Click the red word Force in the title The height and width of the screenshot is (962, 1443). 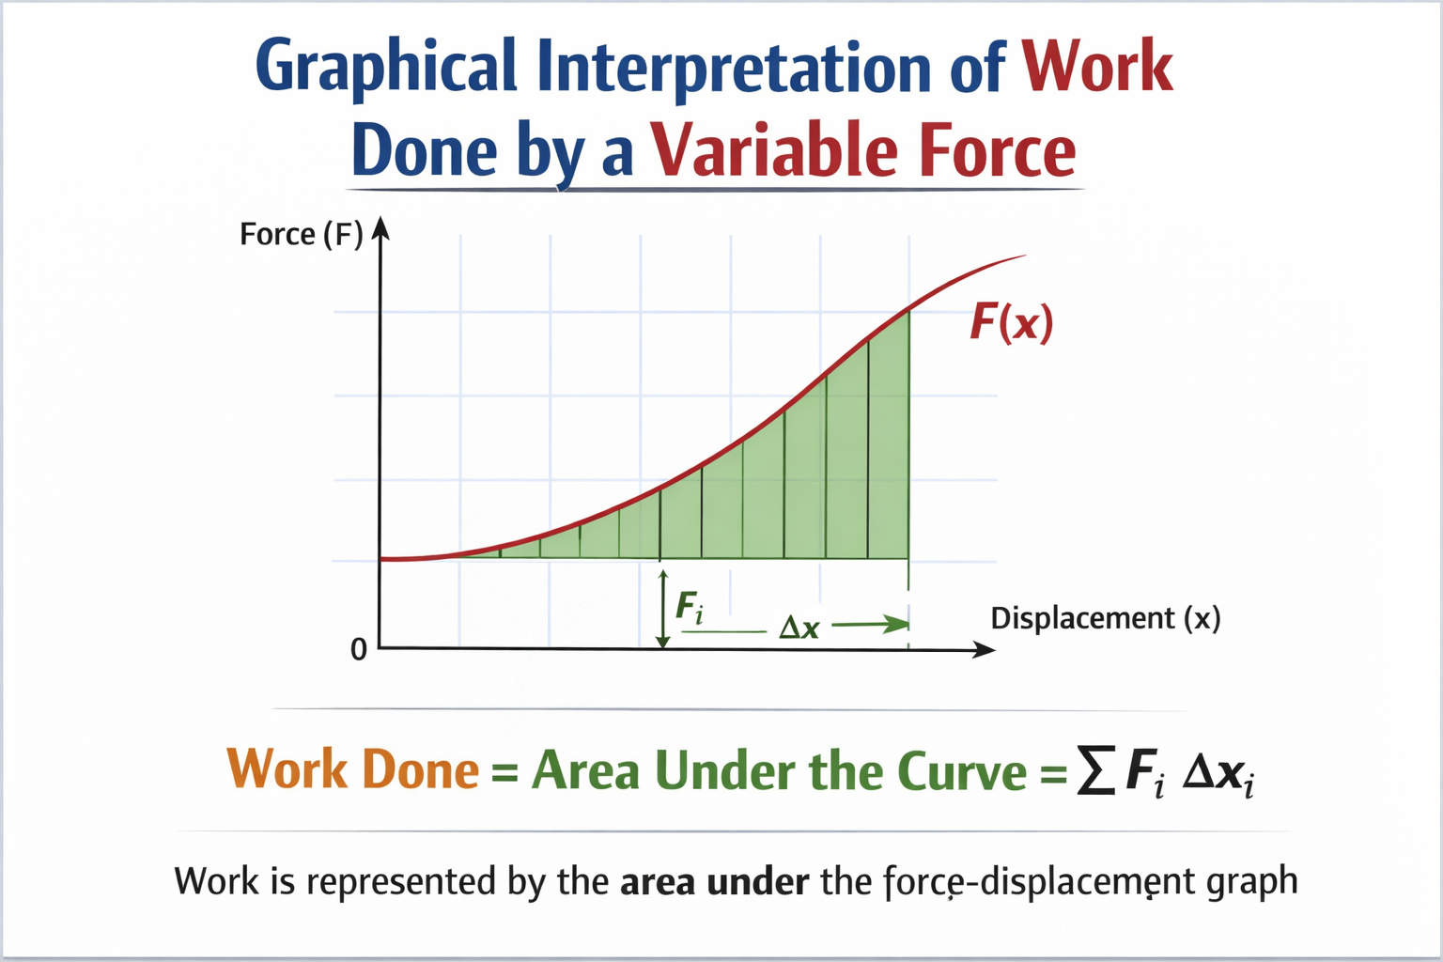(x=997, y=151)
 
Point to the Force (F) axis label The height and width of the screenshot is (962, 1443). (x=301, y=234)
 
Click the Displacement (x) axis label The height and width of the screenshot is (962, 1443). (x=1106, y=618)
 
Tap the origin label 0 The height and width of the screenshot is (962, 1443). (x=358, y=649)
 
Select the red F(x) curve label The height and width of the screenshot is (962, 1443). (x=1011, y=323)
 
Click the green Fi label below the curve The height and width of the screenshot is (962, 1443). (x=690, y=609)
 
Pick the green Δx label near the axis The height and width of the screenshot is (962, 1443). (x=799, y=628)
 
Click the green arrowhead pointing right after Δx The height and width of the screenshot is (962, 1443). (x=897, y=624)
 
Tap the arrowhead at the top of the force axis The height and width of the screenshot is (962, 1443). (x=380, y=227)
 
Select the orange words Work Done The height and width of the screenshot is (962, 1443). (x=353, y=770)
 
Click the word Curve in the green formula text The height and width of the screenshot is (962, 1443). (x=962, y=772)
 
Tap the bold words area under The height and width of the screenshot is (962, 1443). (x=714, y=882)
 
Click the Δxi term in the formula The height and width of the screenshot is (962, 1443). (x=1218, y=775)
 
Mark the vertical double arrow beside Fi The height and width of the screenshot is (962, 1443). (x=662, y=608)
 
